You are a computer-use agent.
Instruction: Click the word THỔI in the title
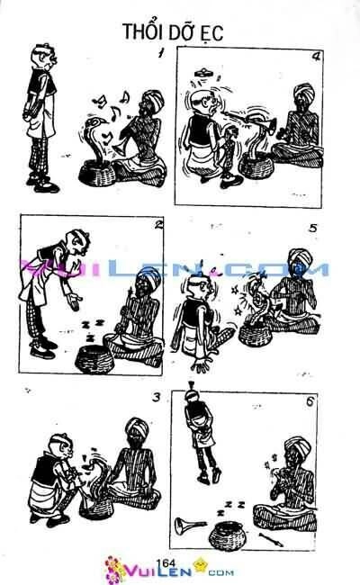point(141,32)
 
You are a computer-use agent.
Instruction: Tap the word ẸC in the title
point(208,33)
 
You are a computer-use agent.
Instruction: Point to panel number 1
point(159,54)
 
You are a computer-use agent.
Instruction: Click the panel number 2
point(158,225)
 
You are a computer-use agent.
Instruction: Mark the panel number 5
point(312,228)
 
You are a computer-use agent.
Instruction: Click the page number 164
point(165,562)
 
